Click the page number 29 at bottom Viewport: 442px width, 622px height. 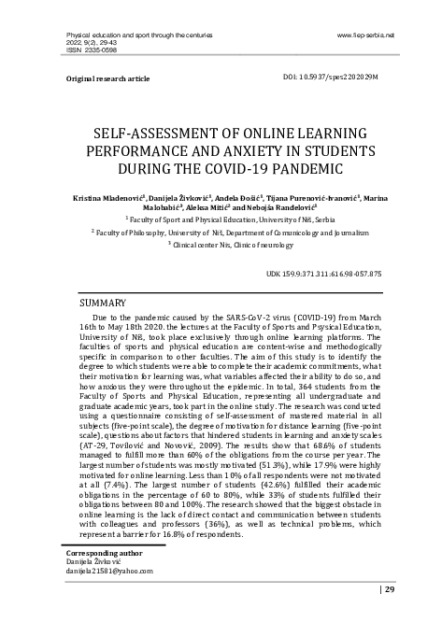coord(416,589)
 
